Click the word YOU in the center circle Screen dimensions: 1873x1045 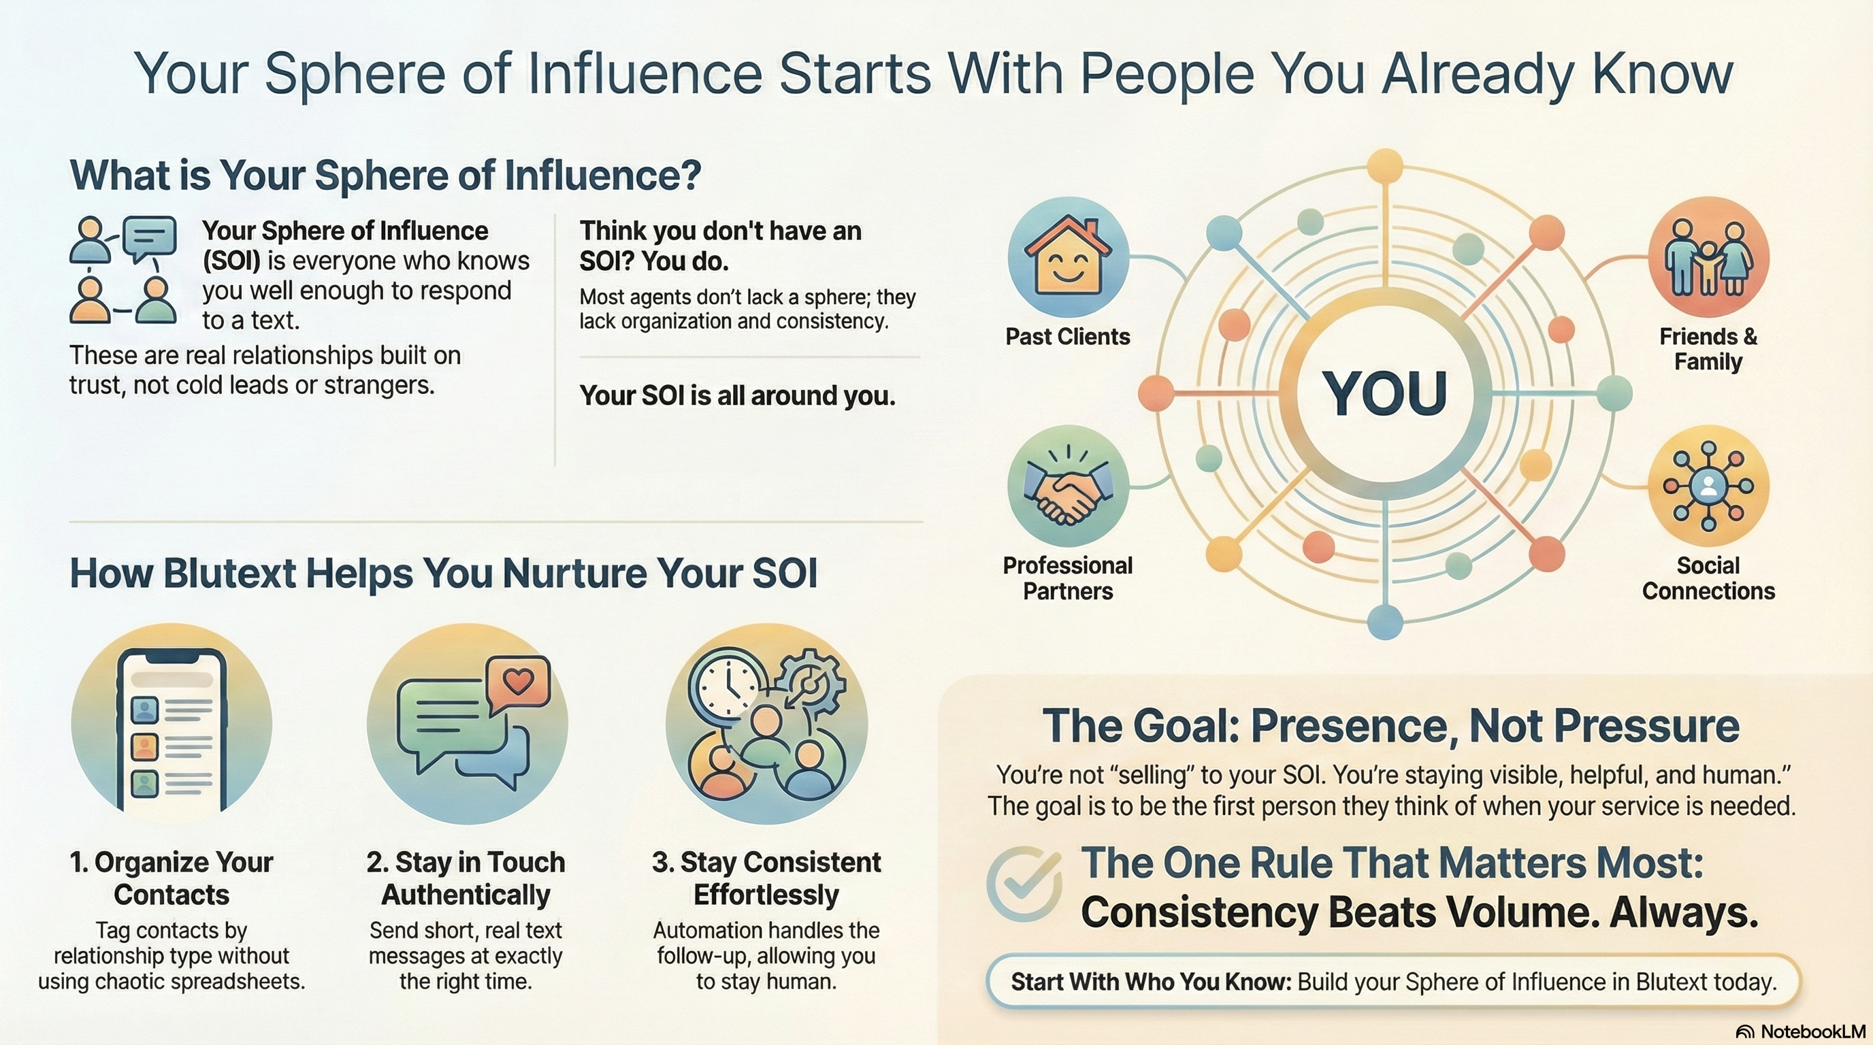(x=1384, y=393)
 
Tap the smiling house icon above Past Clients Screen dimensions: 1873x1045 (x=1067, y=256)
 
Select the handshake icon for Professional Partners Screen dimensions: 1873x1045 (x=1067, y=486)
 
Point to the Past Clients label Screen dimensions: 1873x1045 (x=1067, y=337)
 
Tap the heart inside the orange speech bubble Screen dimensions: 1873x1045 (x=519, y=681)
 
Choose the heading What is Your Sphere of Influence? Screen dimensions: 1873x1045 (x=385, y=176)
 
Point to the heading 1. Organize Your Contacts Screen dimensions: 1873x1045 (x=172, y=878)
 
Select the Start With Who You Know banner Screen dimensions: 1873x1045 (x=1393, y=982)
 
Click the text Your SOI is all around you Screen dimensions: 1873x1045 (x=737, y=395)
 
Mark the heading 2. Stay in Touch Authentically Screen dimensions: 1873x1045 (x=466, y=878)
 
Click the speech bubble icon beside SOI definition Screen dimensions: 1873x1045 (x=150, y=237)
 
